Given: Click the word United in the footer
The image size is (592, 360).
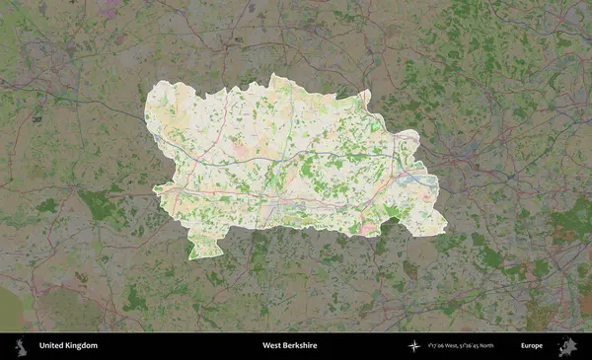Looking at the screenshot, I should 52,346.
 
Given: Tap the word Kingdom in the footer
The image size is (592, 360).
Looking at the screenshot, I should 82,346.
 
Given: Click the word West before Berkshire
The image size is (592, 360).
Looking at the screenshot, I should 271,346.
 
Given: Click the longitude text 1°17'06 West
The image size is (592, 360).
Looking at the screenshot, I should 446,346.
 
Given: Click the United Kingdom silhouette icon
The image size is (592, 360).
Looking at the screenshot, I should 20,346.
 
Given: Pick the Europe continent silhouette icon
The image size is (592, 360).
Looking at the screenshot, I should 566,346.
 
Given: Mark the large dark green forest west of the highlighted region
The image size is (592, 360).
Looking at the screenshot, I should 99,206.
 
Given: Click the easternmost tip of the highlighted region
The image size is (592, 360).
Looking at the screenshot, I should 437,181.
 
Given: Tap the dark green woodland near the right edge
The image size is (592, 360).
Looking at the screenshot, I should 567,222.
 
